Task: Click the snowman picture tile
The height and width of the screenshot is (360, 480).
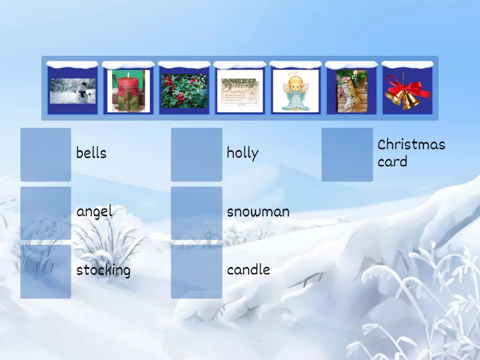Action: point(73,91)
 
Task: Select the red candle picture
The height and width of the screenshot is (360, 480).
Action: point(128,91)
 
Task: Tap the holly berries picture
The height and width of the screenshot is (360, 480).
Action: point(184,91)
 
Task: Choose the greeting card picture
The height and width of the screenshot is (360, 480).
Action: point(239,91)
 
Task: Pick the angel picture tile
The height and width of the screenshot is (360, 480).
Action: point(295,91)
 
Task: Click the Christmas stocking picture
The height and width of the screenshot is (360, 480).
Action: point(351,91)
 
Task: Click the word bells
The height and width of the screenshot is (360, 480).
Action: point(91,154)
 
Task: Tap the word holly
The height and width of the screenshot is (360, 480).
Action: point(242,154)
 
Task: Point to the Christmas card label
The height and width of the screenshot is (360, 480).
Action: point(411,153)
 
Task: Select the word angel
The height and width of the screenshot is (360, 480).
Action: point(94,212)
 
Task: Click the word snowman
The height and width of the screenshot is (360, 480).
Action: point(258,212)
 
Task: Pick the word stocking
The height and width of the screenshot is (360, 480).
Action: point(103,271)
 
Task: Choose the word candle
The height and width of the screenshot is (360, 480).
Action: point(248,271)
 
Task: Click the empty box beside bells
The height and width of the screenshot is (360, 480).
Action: point(46,154)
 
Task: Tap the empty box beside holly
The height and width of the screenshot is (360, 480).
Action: point(196,154)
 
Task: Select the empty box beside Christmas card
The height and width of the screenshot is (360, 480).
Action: point(347,154)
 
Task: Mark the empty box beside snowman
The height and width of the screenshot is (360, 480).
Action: point(196,213)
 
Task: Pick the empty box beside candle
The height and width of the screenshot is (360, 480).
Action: point(196,271)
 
